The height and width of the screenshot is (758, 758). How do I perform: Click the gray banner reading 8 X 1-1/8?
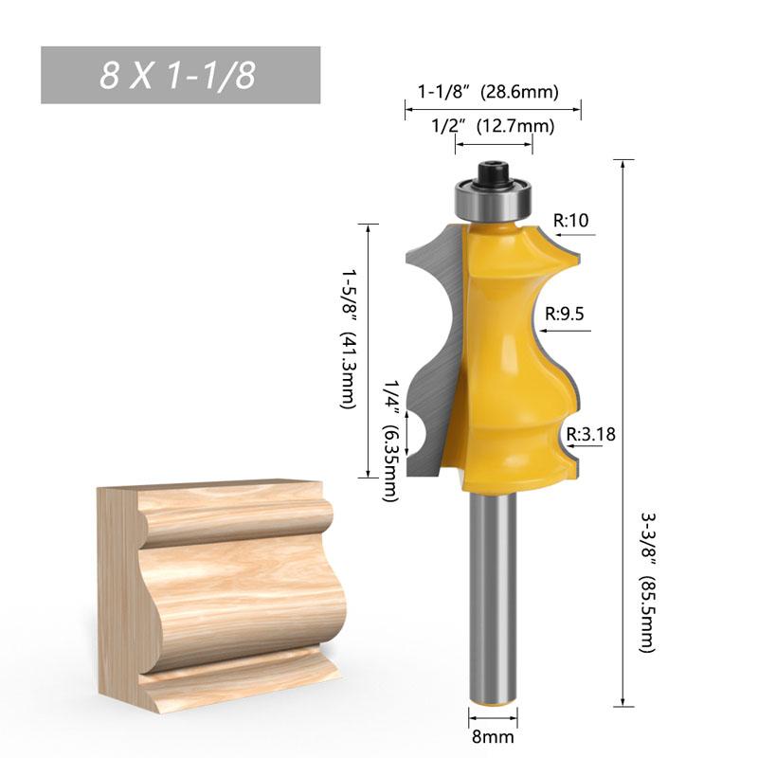[180, 75]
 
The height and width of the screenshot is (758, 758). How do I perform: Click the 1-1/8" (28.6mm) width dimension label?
[487, 92]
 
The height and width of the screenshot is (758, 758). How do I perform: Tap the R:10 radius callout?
[571, 221]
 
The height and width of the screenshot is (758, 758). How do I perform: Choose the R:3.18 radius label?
[590, 435]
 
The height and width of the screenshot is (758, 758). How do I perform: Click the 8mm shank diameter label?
[492, 734]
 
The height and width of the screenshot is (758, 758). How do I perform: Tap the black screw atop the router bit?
[493, 173]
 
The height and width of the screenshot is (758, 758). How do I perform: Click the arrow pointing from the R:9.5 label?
[565, 331]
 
